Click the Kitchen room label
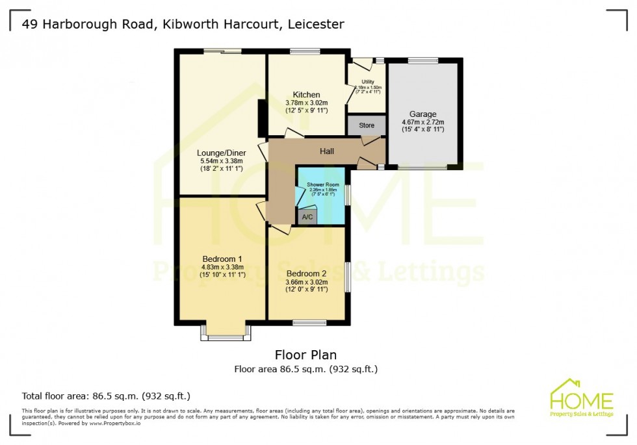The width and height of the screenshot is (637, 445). coord(306,95)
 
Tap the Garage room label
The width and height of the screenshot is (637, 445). coord(422,114)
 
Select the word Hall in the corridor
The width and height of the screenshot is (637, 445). coord(326,151)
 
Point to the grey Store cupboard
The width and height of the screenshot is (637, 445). coord(367,125)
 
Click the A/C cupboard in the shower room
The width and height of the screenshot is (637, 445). coord(307,217)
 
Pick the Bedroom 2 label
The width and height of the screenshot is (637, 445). coord(306,273)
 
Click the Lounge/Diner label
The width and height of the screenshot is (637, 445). coord(221,153)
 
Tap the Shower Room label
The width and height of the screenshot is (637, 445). coord(323,184)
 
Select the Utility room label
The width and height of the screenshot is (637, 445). coord(368,82)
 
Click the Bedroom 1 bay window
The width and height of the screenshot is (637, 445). coord(226,336)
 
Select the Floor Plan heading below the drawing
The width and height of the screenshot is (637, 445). coord(305,355)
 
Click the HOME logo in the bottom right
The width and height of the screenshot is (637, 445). coord(581,398)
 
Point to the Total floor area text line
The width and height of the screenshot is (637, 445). coord(106,396)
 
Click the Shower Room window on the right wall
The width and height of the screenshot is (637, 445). coord(347,195)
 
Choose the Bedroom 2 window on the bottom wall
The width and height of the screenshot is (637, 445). coord(309,323)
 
